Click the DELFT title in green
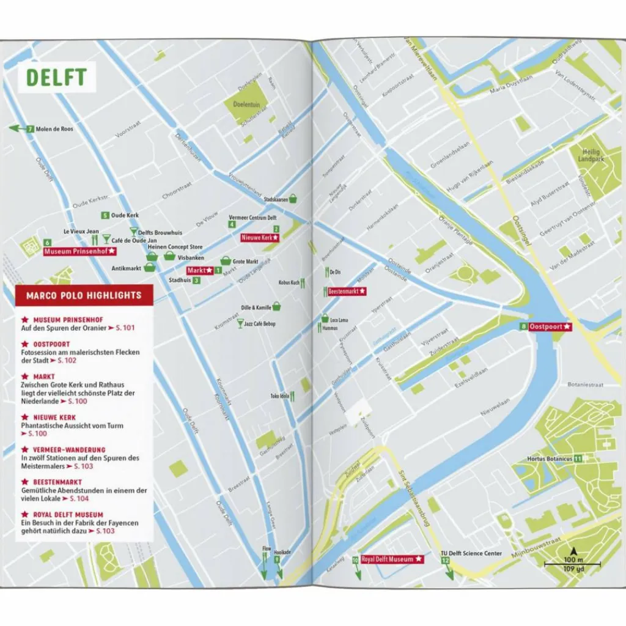point(56,78)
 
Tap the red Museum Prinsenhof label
point(79,251)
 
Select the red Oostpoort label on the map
point(550,327)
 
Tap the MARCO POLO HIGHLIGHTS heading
point(84,296)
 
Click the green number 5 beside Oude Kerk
point(105,215)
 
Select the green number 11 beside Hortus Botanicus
point(578,458)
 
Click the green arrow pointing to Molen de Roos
point(17,129)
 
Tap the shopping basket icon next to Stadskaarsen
point(293,199)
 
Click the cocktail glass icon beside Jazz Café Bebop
point(240,323)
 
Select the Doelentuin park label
point(246,105)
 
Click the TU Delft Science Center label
point(471,553)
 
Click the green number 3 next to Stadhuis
point(196,281)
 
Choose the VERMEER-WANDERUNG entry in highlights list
point(63,449)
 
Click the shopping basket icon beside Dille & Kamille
point(276,306)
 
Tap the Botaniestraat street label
point(586,386)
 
